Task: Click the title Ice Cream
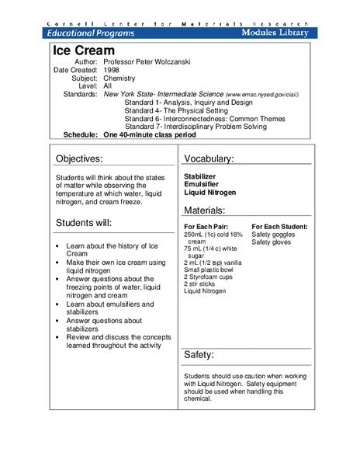coord(80,50)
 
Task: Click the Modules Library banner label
coord(275,33)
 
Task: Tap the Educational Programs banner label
coord(90,33)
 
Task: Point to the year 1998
coord(112,69)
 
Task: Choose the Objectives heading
coord(90,159)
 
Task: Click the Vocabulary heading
coord(209,159)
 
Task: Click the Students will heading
coord(84,223)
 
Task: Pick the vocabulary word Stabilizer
coord(200,176)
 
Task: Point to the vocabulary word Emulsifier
coord(201,184)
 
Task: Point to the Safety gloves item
coord(272,242)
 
